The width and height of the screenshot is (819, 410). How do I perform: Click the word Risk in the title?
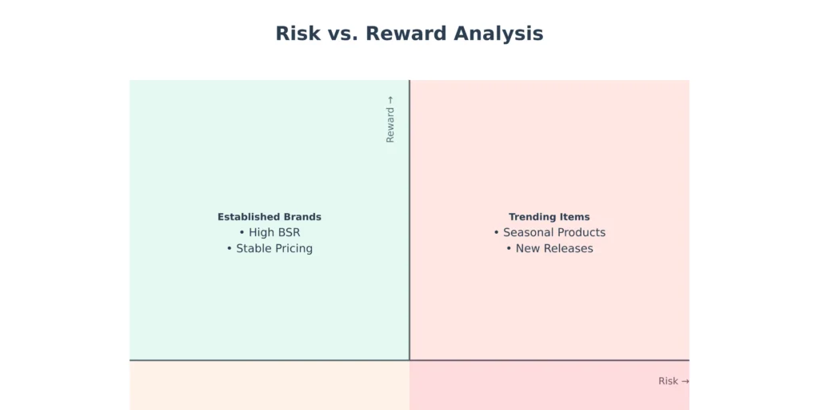(x=298, y=34)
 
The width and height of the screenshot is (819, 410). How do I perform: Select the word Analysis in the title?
(x=499, y=34)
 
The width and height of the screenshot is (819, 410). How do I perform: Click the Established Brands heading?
(x=270, y=216)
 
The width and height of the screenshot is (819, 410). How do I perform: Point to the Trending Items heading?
(x=549, y=216)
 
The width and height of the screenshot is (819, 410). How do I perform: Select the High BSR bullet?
(x=270, y=232)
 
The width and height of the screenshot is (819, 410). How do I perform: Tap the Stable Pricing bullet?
(x=270, y=248)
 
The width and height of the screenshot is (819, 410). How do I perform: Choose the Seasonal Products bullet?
(x=549, y=232)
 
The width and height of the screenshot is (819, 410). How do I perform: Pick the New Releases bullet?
(x=549, y=248)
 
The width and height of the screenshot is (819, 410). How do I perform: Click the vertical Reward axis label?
(x=390, y=119)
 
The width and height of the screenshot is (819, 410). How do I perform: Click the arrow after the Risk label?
(x=685, y=381)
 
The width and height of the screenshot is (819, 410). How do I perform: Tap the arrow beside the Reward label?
(x=390, y=100)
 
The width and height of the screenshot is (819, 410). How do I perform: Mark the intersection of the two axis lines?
(x=409, y=360)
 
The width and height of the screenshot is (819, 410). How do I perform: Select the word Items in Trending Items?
(x=576, y=216)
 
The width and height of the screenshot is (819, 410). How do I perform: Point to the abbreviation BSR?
(x=289, y=232)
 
